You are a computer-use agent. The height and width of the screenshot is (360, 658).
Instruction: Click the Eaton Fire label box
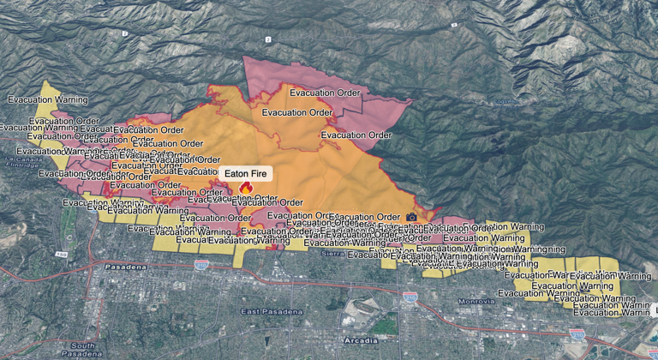[245, 173]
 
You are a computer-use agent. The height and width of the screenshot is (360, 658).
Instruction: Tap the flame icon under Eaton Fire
[246, 188]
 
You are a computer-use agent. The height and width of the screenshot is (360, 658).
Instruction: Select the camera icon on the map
[411, 217]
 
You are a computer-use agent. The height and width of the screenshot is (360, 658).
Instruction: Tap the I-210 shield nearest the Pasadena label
[201, 266]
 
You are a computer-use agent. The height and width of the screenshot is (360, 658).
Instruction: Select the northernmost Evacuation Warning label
[43, 99]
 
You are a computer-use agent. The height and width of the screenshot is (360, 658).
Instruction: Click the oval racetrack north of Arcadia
[361, 309]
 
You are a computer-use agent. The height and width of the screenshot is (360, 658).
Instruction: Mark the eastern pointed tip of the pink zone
[414, 101]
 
